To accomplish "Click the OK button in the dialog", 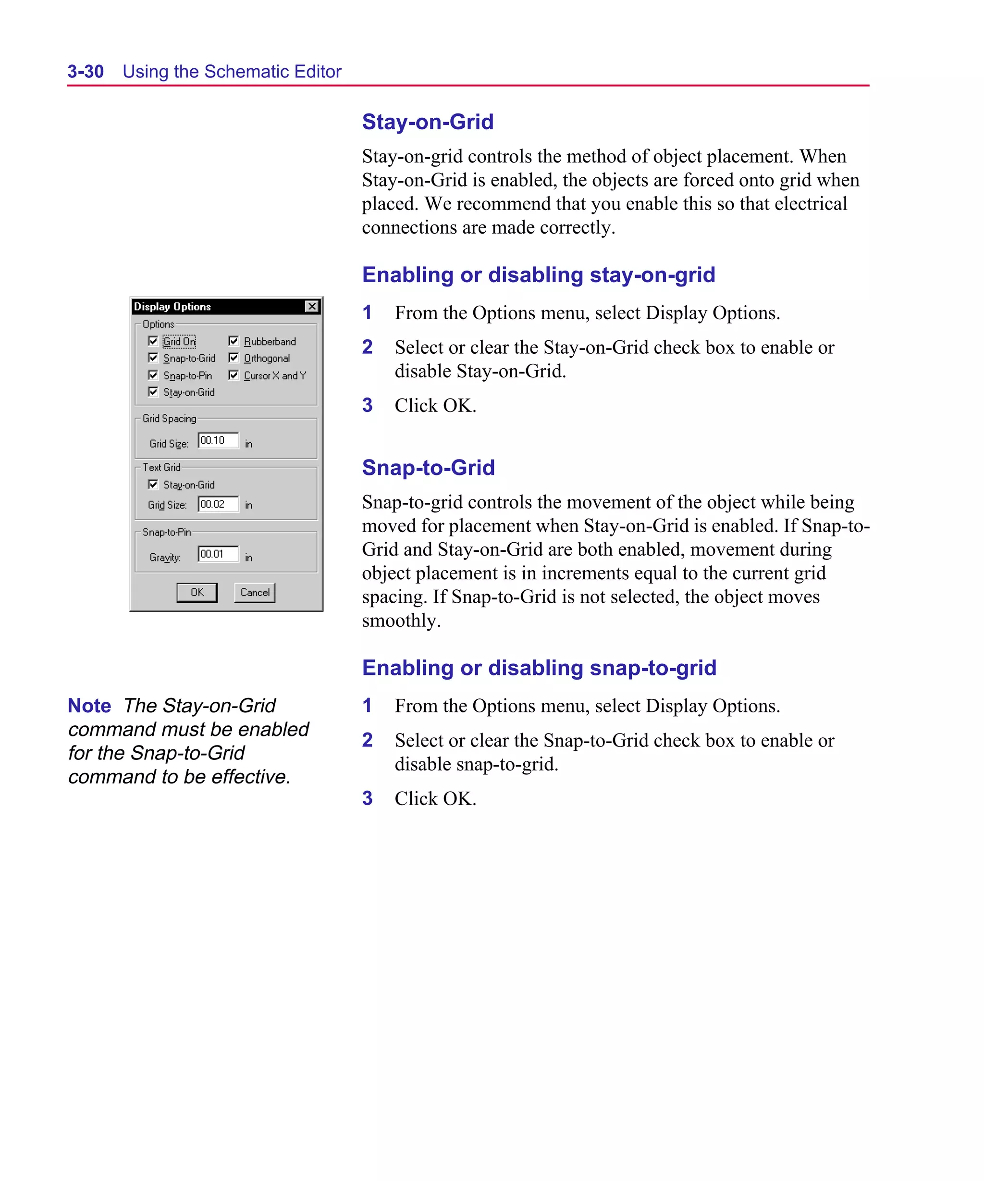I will point(197,592).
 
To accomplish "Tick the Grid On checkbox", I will point(153,341).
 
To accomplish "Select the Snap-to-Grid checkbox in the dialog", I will point(153,358).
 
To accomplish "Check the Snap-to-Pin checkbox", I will point(153,375).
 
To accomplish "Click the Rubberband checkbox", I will point(234,341).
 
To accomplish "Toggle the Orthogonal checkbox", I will point(234,358).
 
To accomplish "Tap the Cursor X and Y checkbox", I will point(234,375).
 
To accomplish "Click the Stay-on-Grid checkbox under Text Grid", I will point(153,484).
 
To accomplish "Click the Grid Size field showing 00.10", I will point(218,440).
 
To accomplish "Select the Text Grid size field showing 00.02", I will point(218,504).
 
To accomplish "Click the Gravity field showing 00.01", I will point(218,554).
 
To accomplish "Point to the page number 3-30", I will point(86,72).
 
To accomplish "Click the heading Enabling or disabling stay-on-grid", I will point(538,275).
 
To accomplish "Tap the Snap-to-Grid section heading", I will point(428,467).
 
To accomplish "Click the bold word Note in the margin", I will point(89,705).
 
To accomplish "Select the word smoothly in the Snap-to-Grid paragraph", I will point(400,621).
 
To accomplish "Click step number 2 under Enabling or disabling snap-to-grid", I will point(367,740).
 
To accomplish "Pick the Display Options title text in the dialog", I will point(172,307).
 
